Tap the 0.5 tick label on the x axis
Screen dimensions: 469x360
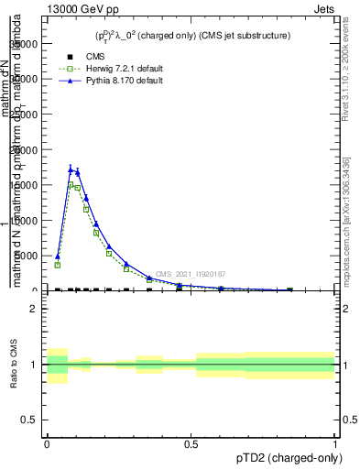coord(191,443)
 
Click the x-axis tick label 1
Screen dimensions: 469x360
coord(335,443)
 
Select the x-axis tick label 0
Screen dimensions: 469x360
coord(47,443)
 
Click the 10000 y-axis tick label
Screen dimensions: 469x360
coord(27,221)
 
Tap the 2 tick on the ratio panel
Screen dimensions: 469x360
coord(36,310)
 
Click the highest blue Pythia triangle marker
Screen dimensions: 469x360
coord(71,169)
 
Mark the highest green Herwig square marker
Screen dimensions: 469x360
coord(71,184)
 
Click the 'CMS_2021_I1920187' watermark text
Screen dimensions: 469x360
coord(191,274)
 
